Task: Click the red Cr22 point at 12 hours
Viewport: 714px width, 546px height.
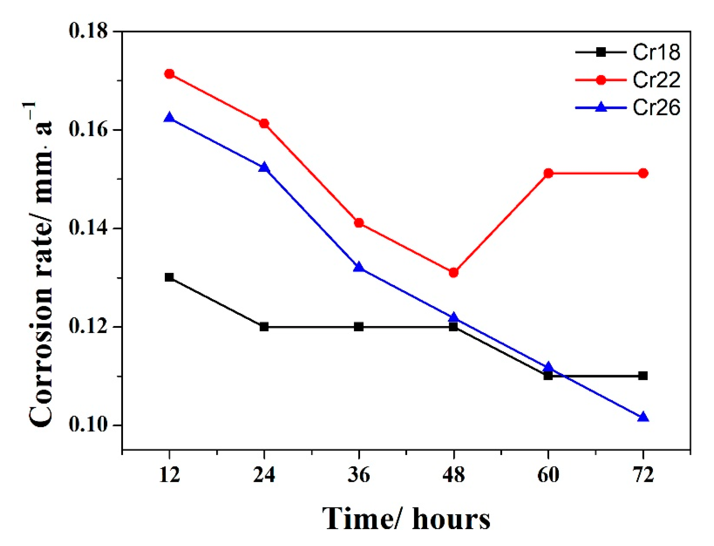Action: pos(169,74)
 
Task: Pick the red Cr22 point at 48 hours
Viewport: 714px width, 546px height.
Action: pos(454,272)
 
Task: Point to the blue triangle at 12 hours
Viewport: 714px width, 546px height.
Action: pos(169,118)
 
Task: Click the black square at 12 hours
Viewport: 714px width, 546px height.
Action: pos(169,277)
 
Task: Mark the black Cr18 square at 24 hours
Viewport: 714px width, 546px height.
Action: pos(264,327)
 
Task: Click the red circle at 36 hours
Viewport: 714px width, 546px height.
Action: pos(359,223)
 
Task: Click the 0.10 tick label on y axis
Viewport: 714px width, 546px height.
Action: pos(88,425)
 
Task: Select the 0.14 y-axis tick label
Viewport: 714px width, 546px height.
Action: pos(88,229)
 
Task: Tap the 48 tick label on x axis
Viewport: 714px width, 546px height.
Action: pos(454,475)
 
